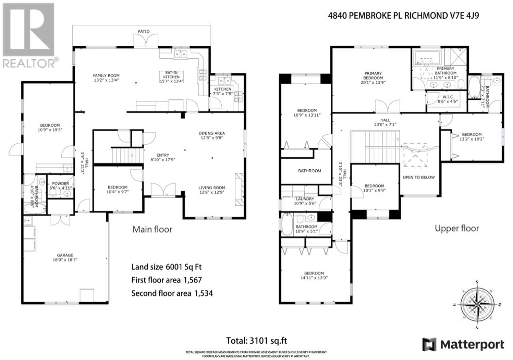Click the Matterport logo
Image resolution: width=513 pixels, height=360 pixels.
(x=463, y=344)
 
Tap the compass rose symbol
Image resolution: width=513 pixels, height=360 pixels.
(x=477, y=305)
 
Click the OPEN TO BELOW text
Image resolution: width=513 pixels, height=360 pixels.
(x=419, y=177)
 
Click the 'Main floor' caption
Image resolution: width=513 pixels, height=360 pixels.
(x=152, y=229)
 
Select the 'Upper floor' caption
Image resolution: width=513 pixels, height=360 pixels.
(x=457, y=229)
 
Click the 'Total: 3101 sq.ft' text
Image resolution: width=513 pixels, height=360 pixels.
(x=256, y=341)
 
